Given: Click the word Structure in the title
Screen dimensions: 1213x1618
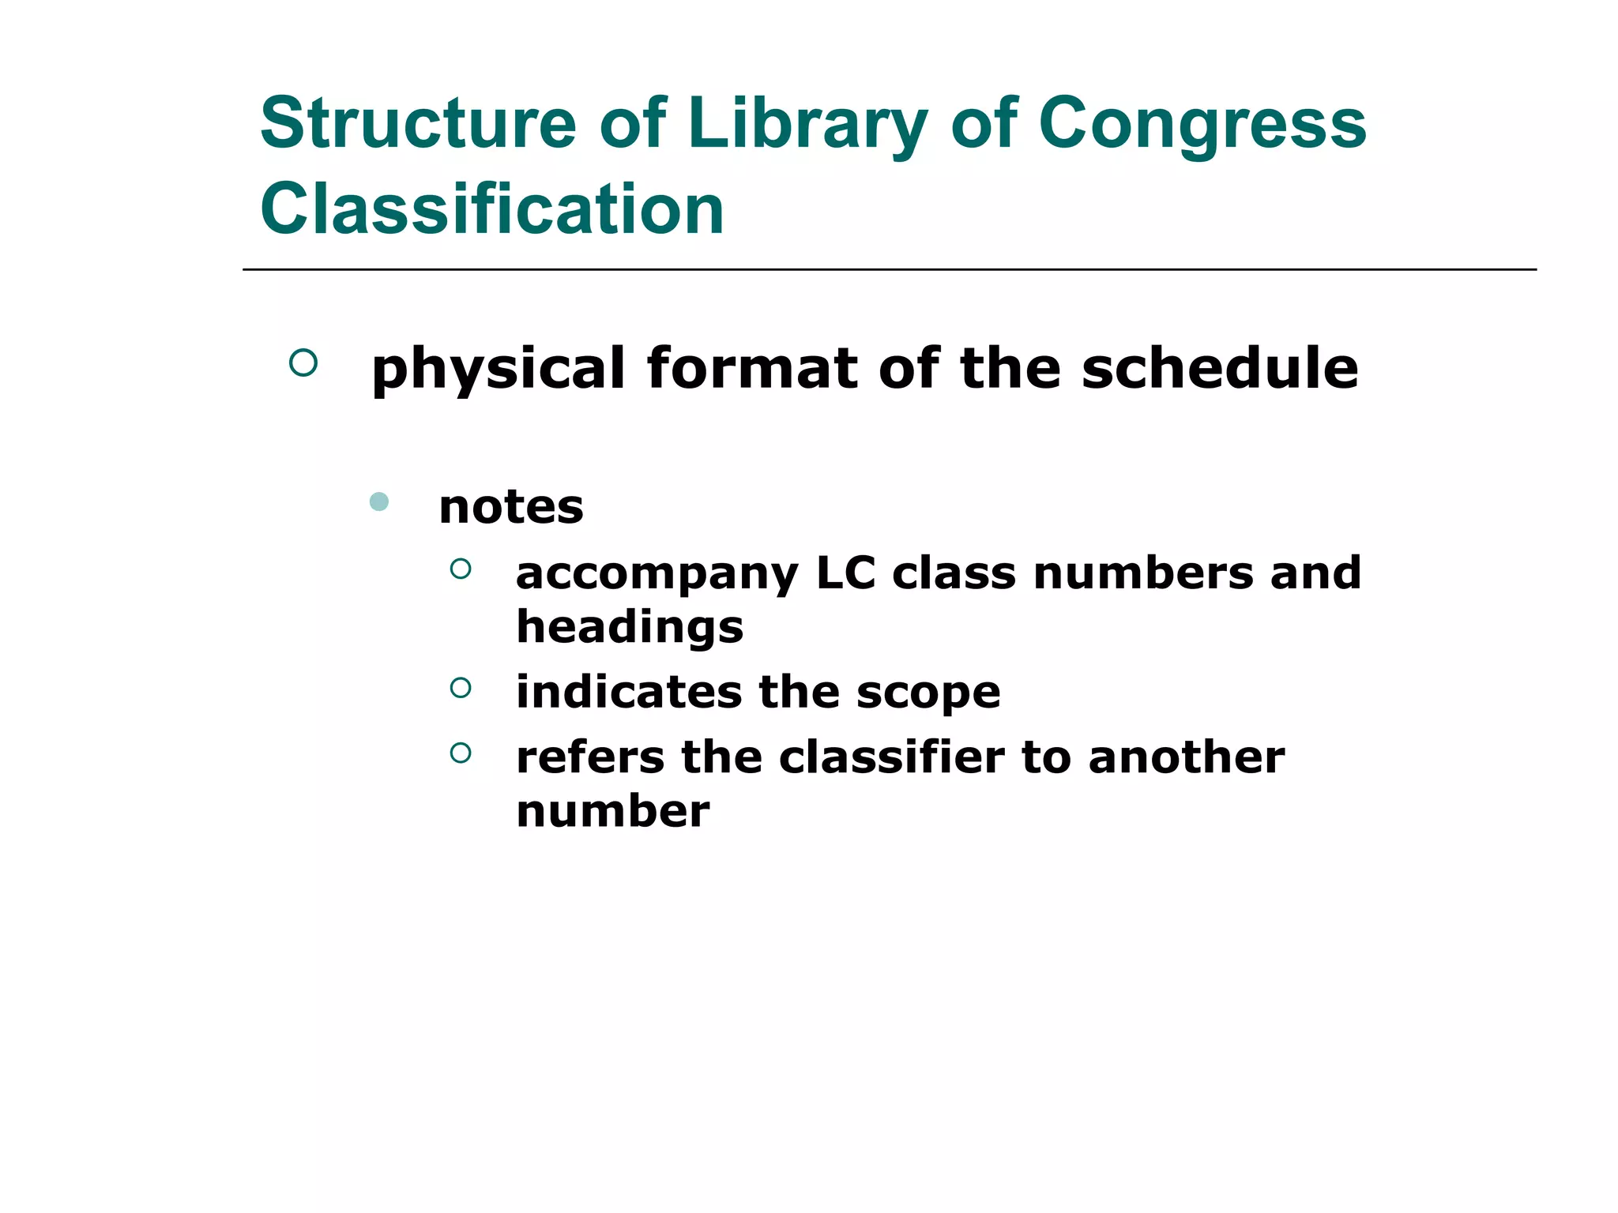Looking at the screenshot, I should [419, 123].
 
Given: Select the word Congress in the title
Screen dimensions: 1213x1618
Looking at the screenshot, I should [1202, 123].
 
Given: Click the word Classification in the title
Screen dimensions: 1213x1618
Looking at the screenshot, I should [492, 208].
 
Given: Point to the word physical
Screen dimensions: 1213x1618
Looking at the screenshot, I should [499, 370].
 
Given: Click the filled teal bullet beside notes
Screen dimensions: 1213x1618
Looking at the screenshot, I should [379, 501].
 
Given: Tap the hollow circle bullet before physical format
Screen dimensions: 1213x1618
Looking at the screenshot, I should [303, 362].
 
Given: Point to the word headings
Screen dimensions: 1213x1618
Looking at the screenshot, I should [630, 628].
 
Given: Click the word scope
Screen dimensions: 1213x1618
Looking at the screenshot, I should [928, 693].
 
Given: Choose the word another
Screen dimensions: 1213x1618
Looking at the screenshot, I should [1186, 757].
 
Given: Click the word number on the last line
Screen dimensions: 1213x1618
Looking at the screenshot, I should [613, 811].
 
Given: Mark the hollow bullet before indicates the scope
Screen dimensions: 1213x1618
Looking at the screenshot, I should [461, 688].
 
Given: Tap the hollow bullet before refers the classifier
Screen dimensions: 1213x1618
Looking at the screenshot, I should [461, 753].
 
